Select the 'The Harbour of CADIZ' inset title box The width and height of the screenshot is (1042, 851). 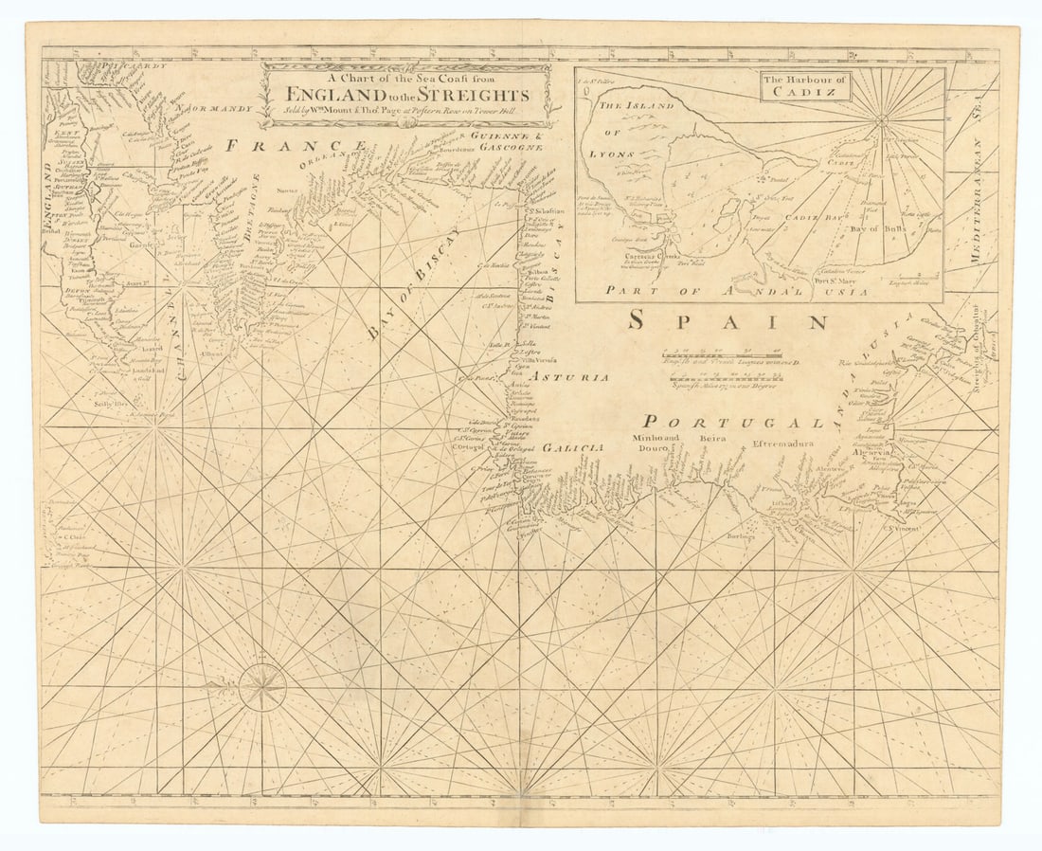pos(805,86)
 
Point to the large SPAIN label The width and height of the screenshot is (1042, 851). pos(728,321)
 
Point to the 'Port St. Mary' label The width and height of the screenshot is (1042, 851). pos(834,280)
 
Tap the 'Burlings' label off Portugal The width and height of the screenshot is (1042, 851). pos(742,536)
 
